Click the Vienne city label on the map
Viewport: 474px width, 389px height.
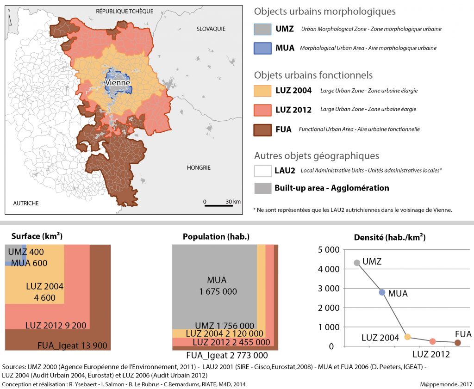(x=118, y=83)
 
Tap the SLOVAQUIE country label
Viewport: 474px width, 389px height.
(x=211, y=29)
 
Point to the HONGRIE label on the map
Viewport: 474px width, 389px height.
(x=199, y=167)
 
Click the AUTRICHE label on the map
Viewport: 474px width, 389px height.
(x=26, y=203)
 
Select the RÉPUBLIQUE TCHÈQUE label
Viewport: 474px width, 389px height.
(x=125, y=11)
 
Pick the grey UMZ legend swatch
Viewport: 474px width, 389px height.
(x=262, y=29)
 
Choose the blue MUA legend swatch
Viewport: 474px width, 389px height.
(x=262, y=48)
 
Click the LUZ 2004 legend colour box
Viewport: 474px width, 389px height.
(x=262, y=91)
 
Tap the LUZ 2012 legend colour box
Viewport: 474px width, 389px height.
(x=262, y=110)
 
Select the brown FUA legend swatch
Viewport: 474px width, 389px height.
(x=262, y=129)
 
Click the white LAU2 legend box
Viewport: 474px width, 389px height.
(x=262, y=171)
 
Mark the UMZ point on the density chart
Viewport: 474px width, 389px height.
(x=356, y=263)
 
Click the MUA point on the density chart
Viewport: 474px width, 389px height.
(x=382, y=292)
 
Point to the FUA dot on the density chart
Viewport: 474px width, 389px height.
(x=458, y=343)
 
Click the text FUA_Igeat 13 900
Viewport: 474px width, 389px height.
(x=72, y=345)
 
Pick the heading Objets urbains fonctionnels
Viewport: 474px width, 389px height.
(x=313, y=75)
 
